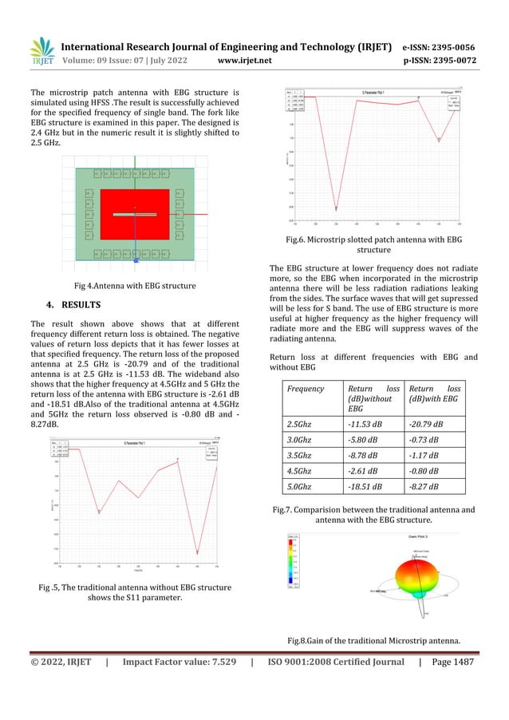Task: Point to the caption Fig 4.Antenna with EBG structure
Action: pos(135,284)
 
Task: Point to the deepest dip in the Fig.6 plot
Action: pos(336,209)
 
